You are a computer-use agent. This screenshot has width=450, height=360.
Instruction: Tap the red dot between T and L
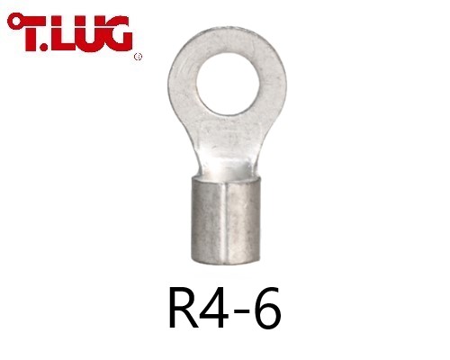[x=44, y=47]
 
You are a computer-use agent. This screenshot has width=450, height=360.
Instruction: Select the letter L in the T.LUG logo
[x=61, y=33]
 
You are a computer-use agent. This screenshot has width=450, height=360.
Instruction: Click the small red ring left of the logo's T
[x=13, y=22]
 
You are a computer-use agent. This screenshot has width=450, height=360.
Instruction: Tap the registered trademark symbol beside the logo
[x=138, y=57]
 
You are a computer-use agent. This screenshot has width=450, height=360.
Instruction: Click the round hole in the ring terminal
[x=228, y=85]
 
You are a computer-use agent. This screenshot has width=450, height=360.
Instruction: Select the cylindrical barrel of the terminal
[x=226, y=220]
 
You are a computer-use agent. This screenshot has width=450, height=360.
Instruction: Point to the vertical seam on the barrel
[x=227, y=222]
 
